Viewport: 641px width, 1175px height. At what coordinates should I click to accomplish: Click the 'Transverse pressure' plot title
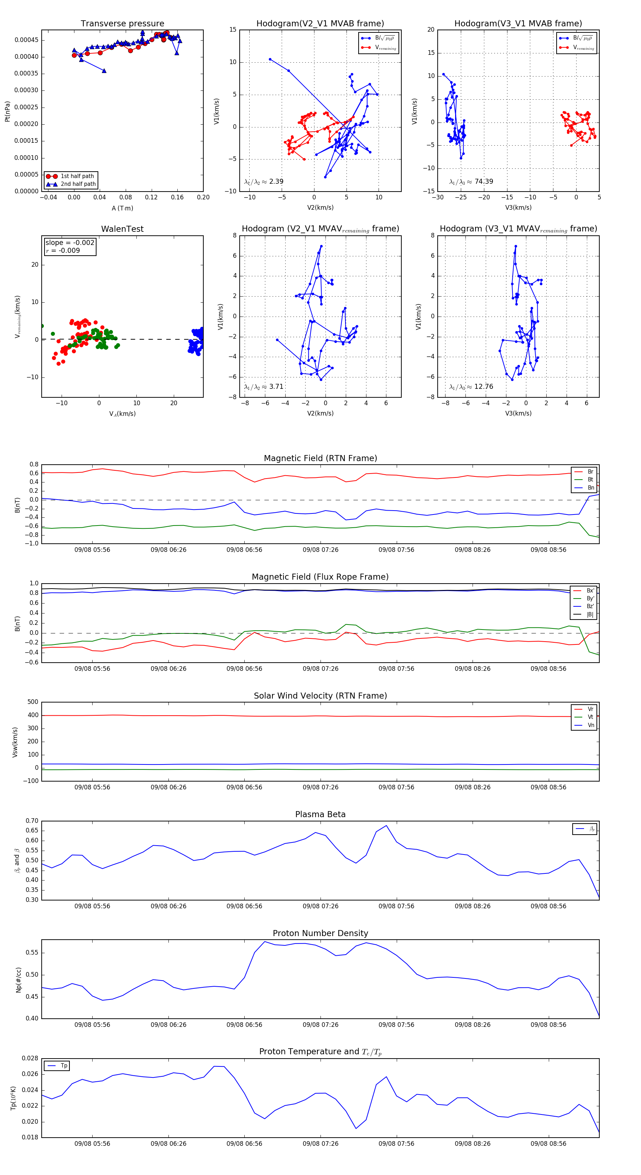122,24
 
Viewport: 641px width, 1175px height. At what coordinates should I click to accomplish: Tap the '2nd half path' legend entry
78,184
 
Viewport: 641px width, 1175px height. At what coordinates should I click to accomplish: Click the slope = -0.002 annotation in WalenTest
70,243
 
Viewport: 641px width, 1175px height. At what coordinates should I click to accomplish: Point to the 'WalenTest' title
122,229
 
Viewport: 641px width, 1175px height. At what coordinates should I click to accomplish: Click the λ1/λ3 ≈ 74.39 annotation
471,182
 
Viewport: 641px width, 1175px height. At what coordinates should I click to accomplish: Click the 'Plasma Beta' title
320,815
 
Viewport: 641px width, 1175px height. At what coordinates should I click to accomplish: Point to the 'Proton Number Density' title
320,933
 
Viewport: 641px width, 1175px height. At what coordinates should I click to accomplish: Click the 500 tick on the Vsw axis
33,702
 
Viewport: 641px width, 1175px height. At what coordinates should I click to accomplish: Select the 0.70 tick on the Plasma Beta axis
32,821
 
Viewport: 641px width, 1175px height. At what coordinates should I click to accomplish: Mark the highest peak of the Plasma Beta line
386,826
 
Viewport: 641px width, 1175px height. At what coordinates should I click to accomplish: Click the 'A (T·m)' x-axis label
122,208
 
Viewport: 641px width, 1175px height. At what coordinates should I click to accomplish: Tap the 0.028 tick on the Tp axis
30,1058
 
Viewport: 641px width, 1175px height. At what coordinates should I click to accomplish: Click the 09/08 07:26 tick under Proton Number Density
320,1025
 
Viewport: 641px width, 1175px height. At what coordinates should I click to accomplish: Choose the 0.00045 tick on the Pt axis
26,40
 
